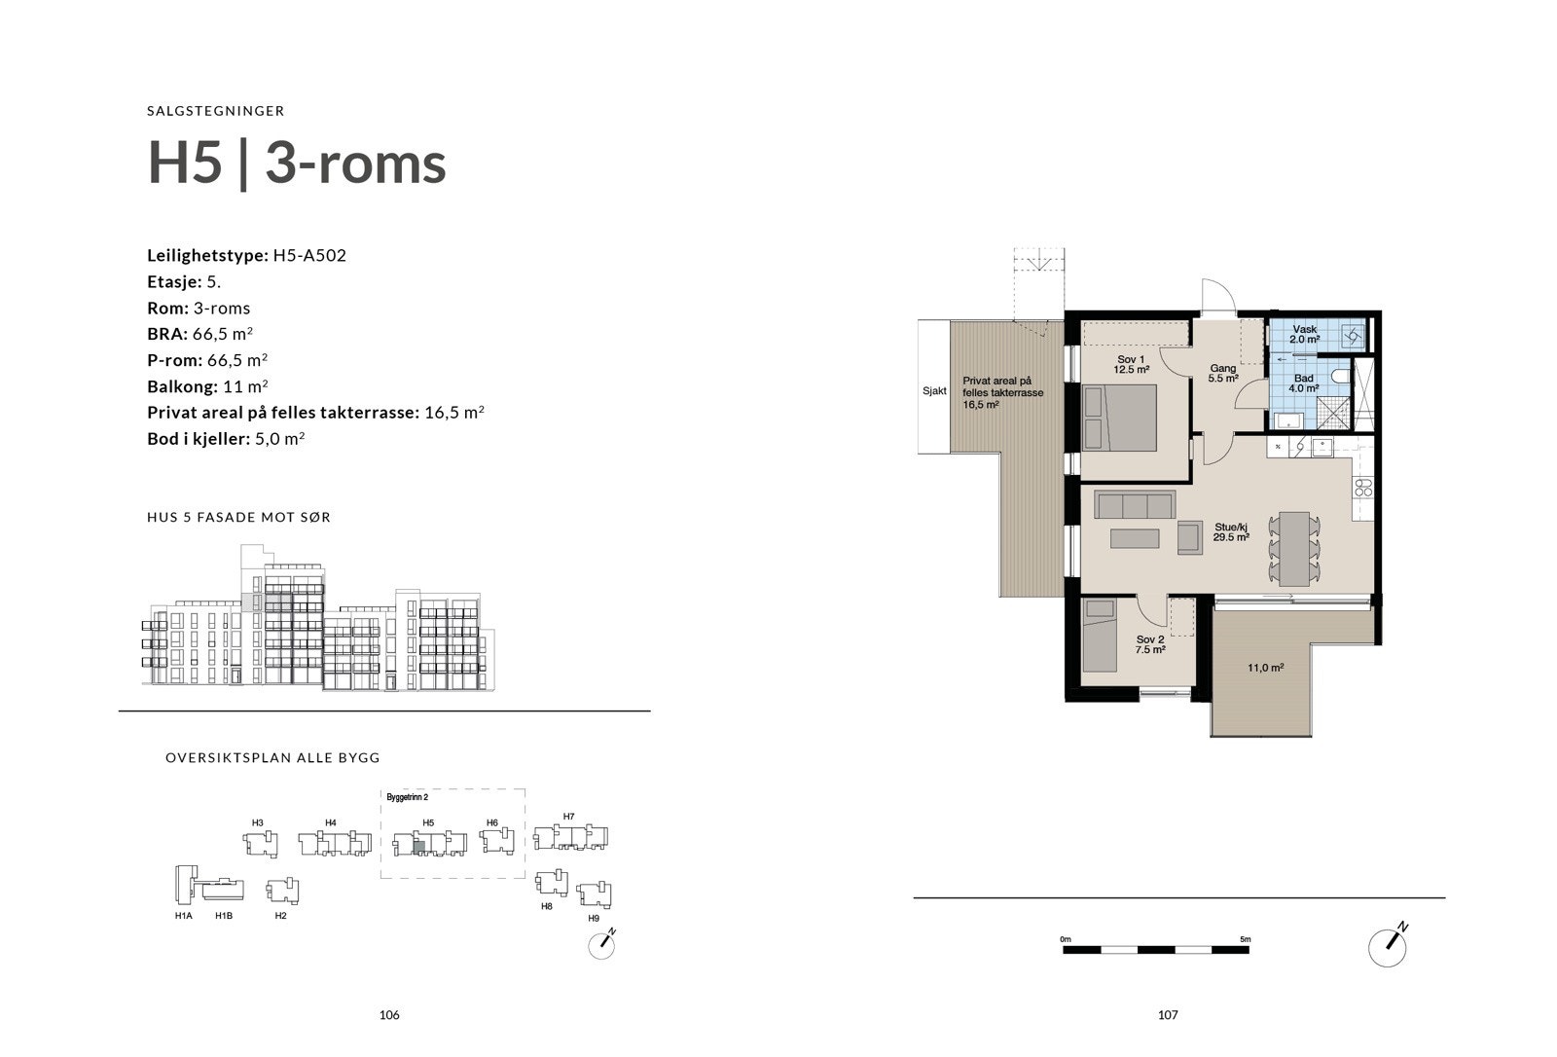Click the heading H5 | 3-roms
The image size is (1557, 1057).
(x=297, y=163)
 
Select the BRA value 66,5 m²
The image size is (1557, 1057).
(x=231, y=334)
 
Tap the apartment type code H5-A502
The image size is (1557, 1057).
(x=309, y=256)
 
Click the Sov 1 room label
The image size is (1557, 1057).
(x=1131, y=364)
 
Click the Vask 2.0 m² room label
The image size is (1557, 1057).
(x=1304, y=335)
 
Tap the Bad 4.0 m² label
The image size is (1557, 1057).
(x=1304, y=383)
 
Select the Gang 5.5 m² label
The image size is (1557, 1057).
(x=1222, y=373)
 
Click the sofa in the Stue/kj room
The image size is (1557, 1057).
(x=1135, y=505)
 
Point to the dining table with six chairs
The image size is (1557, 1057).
(x=1293, y=548)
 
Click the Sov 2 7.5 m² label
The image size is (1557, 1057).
(x=1149, y=644)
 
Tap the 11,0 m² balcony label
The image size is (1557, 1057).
(x=1265, y=669)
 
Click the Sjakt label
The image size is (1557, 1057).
(x=934, y=391)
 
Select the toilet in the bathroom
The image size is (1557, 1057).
(x=1340, y=376)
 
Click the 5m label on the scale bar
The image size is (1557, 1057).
(x=1245, y=939)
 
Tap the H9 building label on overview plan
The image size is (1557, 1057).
(x=594, y=919)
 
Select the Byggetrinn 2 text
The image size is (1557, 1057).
(x=407, y=797)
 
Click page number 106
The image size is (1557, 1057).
(x=389, y=1015)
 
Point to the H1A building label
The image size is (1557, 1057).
(x=183, y=916)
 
